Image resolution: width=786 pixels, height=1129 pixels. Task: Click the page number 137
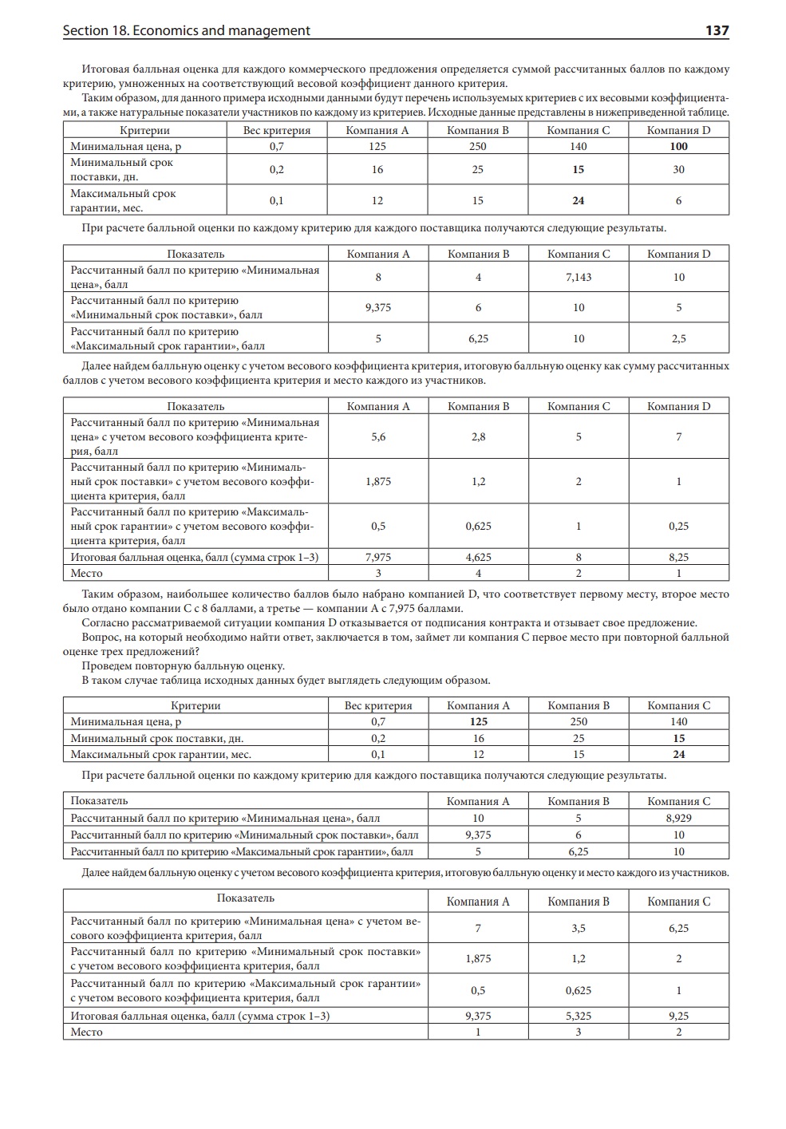[x=717, y=30]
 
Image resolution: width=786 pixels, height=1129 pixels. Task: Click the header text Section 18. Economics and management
[x=186, y=30]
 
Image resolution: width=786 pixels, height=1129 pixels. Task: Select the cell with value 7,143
[x=579, y=277]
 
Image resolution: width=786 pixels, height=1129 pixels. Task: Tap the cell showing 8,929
[x=678, y=818]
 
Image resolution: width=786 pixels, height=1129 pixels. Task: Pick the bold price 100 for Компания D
[x=678, y=146]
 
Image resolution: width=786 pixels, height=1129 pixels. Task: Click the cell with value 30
[x=678, y=169]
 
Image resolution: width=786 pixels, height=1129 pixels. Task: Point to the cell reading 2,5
[x=678, y=338]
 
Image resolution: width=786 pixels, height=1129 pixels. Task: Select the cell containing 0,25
[x=678, y=526]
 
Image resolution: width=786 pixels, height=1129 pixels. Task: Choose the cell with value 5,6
[x=378, y=436]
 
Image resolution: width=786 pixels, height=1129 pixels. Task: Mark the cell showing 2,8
[x=478, y=436]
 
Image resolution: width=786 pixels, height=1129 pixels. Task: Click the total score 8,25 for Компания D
[x=678, y=557]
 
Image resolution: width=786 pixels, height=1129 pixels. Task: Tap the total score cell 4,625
[x=478, y=557]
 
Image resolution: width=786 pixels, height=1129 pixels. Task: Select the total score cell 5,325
[x=579, y=1016]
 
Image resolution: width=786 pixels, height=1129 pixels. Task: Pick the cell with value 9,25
[x=678, y=1016]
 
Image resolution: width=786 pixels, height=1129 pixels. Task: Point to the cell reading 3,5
[x=579, y=928]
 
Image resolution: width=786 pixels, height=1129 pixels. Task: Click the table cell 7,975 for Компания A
[x=378, y=557]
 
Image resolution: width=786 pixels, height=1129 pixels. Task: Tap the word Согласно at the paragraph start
[x=106, y=622]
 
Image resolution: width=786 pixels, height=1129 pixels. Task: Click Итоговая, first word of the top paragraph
[x=109, y=69]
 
